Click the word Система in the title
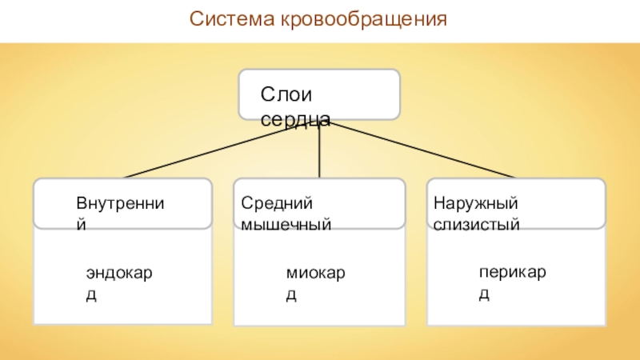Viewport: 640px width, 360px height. click(x=233, y=17)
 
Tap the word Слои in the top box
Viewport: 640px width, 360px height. click(x=279, y=95)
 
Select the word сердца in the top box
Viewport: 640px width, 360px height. click(x=295, y=119)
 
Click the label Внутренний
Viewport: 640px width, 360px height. click(x=120, y=206)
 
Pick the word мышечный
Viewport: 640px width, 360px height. click(x=286, y=225)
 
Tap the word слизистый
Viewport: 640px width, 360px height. click(x=477, y=225)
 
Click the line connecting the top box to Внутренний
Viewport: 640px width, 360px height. click(x=216, y=150)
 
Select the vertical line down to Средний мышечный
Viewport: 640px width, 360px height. click(x=319, y=152)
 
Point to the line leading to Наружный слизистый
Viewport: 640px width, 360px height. click(x=424, y=150)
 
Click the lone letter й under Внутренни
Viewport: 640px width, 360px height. click(x=81, y=226)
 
